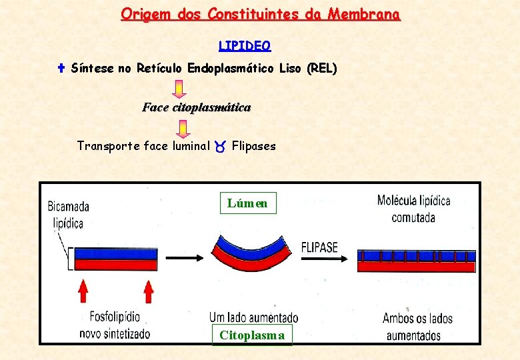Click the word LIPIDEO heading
point(245,46)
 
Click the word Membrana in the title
point(367,14)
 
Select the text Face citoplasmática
point(196,107)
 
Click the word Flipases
point(253,146)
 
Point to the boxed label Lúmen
point(247,203)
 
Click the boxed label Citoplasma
point(251,335)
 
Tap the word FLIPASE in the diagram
point(319,247)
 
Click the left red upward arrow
point(83,291)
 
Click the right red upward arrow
point(148,291)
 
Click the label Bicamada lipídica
point(68,215)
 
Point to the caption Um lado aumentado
point(253,318)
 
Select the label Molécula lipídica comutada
point(413,209)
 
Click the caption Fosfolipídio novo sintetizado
point(115,325)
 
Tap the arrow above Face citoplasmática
point(179,89)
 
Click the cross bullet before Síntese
point(60,68)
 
